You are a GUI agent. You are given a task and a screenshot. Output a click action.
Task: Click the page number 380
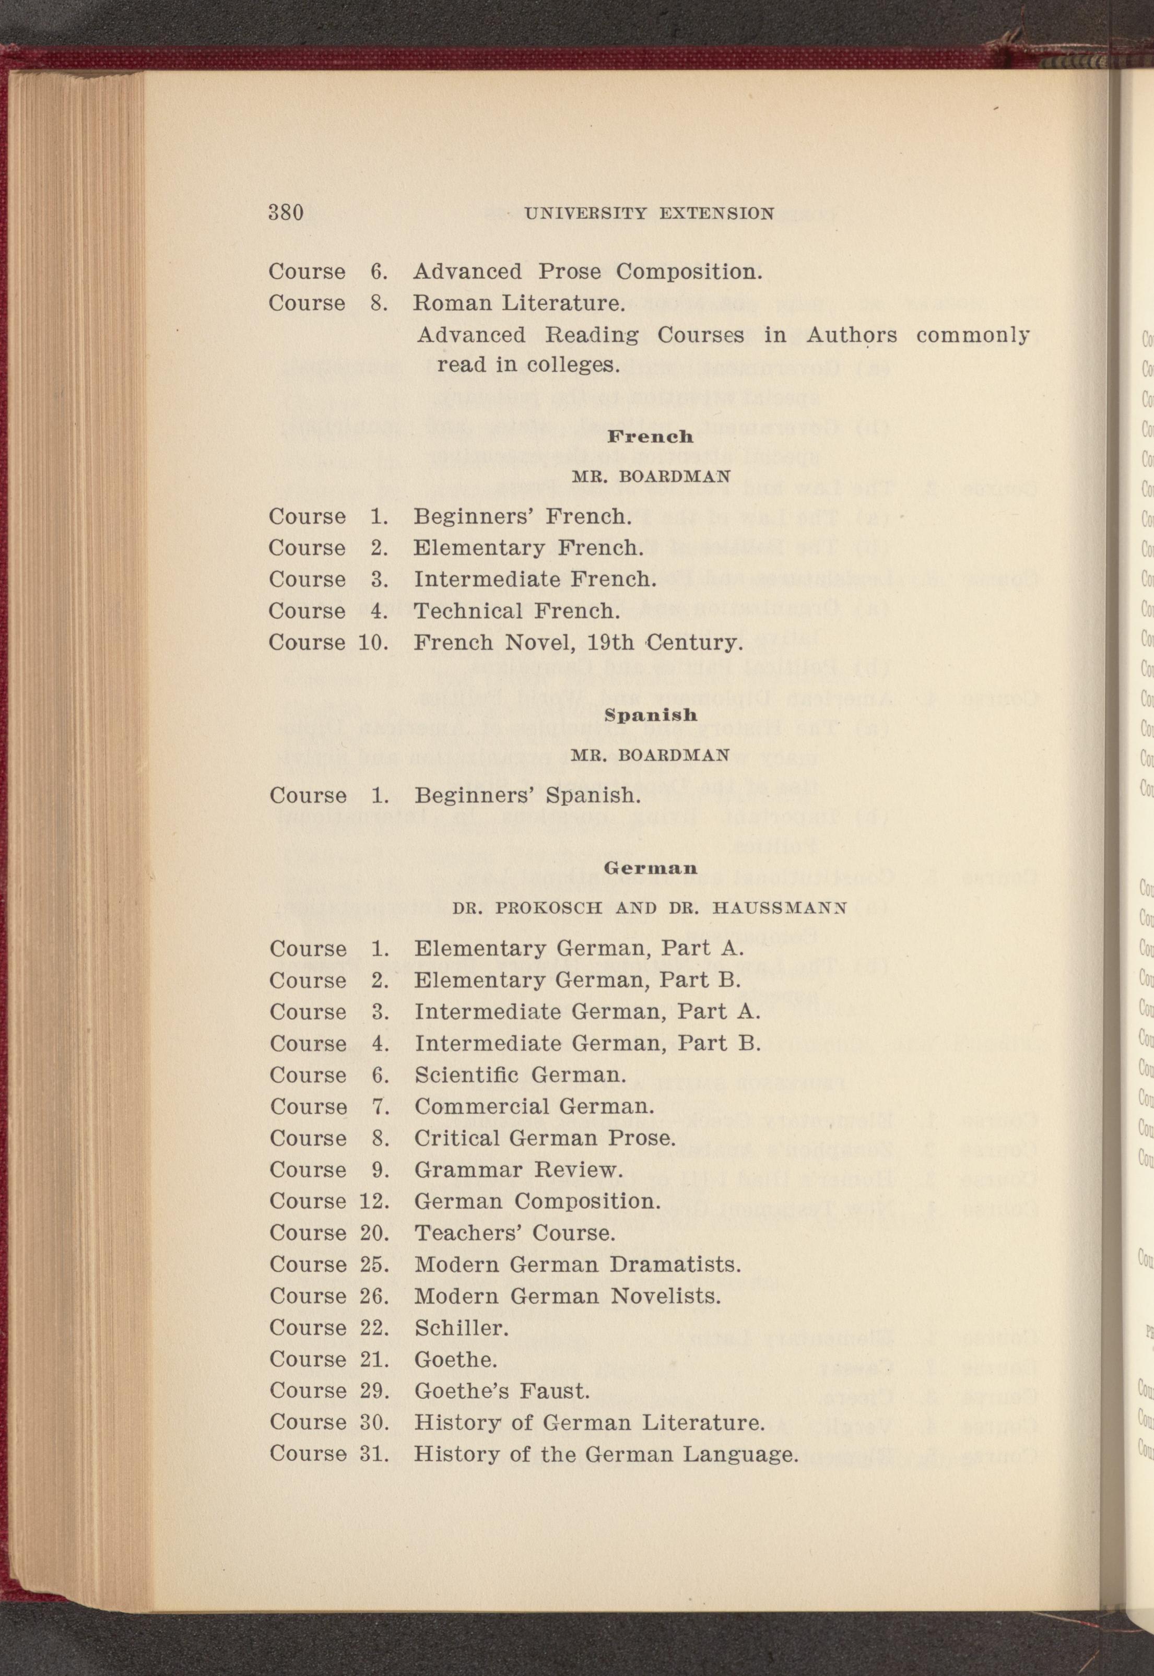pyautogui.click(x=286, y=213)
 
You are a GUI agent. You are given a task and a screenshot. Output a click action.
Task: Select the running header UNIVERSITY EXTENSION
pyautogui.click(x=649, y=214)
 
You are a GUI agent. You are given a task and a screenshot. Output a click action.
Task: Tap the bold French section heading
pyautogui.click(x=650, y=436)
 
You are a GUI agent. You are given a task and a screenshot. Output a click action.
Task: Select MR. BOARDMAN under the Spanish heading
pyautogui.click(x=650, y=755)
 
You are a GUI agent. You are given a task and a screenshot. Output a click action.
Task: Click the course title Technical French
pyautogui.click(x=517, y=611)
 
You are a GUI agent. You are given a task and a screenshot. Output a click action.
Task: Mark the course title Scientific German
pyautogui.click(x=520, y=1075)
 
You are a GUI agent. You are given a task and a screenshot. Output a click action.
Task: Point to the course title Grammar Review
pyautogui.click(x=517, y=1170)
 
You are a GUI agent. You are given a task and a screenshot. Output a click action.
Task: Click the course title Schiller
pyautogui.click(x=461, y=1328)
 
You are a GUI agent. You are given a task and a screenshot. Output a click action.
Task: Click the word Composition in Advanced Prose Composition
pyautogui.click(x=689, y=272)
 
